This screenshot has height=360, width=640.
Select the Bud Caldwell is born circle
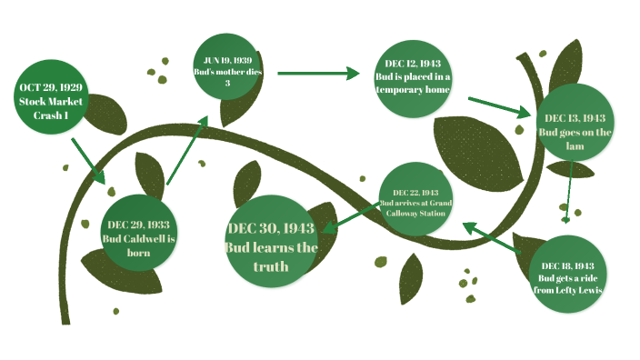click(139, 232)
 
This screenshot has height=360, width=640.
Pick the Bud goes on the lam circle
click(575, 125)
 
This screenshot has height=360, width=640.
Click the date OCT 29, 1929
click(51, 87)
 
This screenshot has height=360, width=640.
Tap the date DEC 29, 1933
click(139, 224)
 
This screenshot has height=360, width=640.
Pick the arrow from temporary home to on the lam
click(500, 105)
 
